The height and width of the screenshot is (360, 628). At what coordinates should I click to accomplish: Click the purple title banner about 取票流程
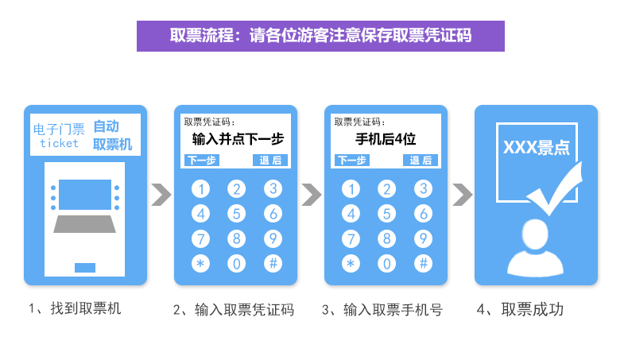(320, 36)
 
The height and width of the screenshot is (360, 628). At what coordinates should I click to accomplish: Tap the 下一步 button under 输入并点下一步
(201, 161)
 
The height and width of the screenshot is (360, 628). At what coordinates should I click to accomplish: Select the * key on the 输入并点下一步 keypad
(201, 263)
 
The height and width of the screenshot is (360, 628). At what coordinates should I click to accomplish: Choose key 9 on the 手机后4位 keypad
(424, 238)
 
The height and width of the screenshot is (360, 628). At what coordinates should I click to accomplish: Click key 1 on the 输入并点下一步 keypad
(201, 189)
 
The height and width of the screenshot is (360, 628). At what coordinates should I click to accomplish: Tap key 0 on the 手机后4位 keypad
(387, 263)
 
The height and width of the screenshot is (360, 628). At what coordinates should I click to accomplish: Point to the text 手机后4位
(386, 140)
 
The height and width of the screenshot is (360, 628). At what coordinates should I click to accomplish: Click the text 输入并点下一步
(238, 140)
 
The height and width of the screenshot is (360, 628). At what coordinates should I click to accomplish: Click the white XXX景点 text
(535, 149)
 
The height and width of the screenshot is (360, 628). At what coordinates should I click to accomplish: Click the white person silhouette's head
(535, 236)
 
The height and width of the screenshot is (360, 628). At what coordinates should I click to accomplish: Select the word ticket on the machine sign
(60, 144)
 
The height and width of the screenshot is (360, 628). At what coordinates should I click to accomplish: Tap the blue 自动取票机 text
(112, 135)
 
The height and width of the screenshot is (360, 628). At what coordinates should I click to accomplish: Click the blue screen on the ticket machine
(85, 194)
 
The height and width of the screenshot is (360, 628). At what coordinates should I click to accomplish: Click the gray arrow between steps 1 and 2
(161, 195)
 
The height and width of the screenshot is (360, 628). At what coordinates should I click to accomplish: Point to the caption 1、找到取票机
(75, 308)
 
